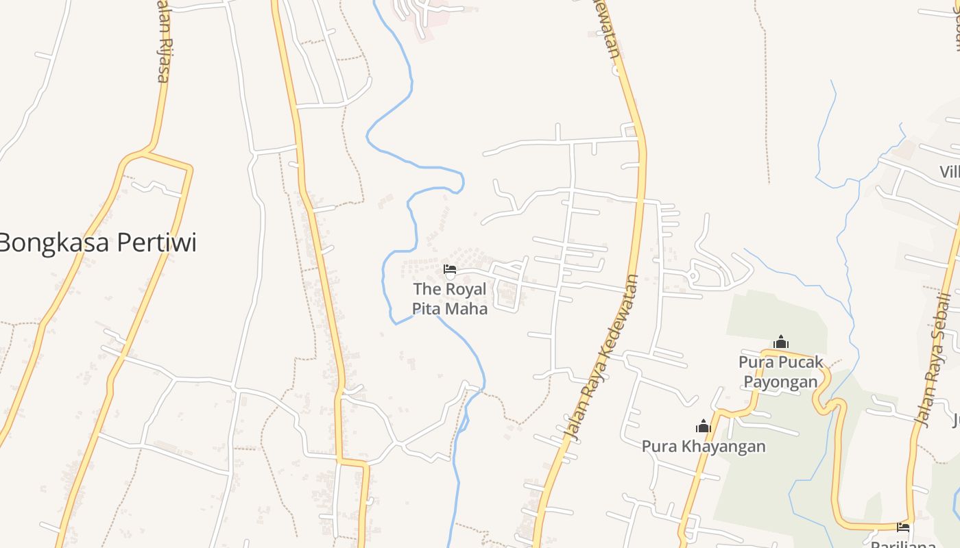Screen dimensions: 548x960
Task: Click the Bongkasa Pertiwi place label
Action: click(x=97, y=242)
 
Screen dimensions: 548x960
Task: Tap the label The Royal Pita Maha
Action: click(x=450, y=299)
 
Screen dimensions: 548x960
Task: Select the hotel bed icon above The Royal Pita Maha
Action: click(x=450, y=269)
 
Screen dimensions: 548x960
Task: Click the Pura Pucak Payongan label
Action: click(x=781, y=371)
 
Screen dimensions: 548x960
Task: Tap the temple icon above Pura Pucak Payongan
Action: click(x=780, y=341)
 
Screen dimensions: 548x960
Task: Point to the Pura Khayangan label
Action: click(x=704, y=447)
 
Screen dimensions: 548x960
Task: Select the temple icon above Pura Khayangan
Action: click(x=703, y=426)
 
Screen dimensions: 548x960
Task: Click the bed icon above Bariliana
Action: click(x=903, y=527)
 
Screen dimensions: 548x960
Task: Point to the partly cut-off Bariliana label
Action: click(x=903, y=544)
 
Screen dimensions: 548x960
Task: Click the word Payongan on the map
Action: click(x=781, y=382)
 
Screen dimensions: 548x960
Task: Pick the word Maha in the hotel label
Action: click(x=468, y=309)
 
